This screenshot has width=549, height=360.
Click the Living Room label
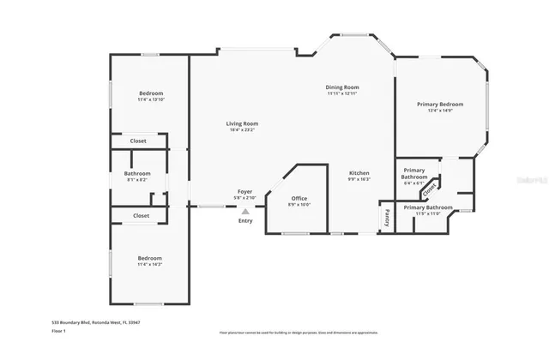[242, 123]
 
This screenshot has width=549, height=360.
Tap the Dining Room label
[341, 87]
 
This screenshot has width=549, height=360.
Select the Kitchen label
[359, 172]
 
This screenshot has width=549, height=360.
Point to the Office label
[299, 198]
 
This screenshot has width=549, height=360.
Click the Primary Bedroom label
[439, 104]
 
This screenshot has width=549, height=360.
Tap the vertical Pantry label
[387, 217]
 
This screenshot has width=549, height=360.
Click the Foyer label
[244, 191]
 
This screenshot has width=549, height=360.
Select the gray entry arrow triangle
[245, 209]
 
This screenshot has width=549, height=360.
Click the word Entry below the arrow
[245, 221]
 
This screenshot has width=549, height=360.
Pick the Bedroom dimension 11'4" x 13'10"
[151, 99]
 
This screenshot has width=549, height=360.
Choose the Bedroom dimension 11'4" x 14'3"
[150, 264]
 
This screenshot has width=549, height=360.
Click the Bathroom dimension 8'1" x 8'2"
[137, 180]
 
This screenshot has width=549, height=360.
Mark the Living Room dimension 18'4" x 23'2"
[242, 130]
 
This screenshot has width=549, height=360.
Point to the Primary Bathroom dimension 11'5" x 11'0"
[427, 213]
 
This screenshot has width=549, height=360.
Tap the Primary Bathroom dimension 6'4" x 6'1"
[413, 183]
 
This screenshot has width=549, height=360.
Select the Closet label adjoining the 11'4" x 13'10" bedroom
[138, 141]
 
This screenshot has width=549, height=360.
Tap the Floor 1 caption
[59, 330]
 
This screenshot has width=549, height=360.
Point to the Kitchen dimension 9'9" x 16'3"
[359, 179]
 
